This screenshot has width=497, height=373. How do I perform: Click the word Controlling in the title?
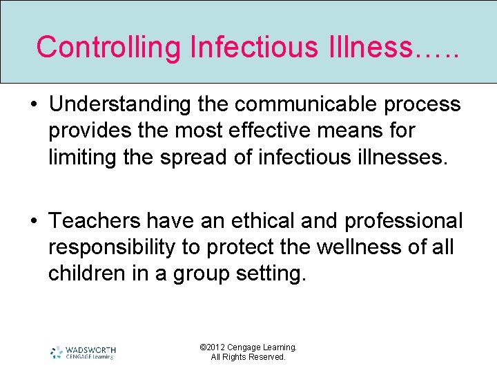point(108,47)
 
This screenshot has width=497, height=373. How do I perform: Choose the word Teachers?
point(95,220)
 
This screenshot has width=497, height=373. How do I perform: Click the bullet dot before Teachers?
point(35,221)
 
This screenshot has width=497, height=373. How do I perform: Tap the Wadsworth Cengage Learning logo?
point(83,352)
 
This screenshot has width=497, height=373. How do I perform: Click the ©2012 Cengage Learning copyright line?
point(248,347)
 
